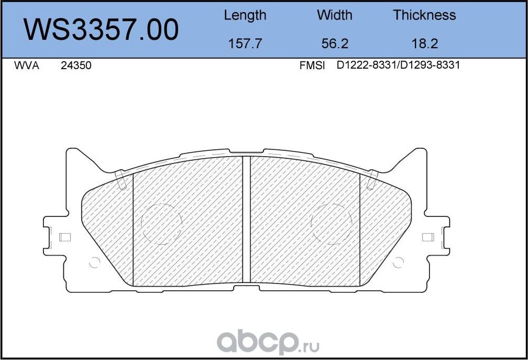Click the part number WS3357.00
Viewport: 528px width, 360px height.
(102, 29)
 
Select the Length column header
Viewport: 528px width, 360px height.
(245, 15)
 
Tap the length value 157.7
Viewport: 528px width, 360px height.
(245, 43)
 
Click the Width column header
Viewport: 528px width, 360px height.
(335, 15)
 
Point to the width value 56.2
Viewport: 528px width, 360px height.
(335, 43)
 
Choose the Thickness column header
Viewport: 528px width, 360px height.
(424, 15)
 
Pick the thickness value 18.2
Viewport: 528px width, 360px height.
(424, 43)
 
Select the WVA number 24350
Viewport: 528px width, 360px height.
(76, 66)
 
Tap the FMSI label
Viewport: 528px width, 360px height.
(312, 66)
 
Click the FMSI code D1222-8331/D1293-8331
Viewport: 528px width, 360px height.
(398, 66)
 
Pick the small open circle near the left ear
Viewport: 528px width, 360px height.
(95, 263)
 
